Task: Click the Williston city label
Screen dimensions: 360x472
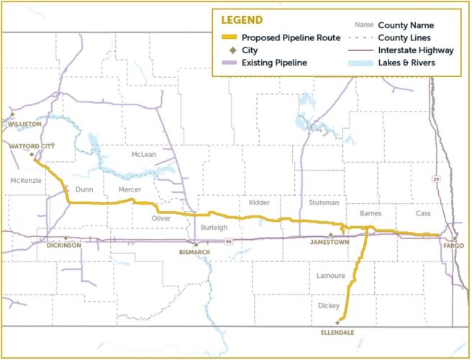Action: coord(24,124)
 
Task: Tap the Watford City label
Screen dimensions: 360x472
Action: coord(32,145)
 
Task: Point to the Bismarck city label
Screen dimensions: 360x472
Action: coord(194,253)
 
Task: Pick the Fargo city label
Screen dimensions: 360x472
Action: coord(454,246)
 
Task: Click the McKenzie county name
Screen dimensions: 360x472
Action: coord(26,180)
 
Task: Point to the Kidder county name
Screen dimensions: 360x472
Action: coord(259,203)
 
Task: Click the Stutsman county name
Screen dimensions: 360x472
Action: coord(323,203)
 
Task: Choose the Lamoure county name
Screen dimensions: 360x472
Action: coord(332,276)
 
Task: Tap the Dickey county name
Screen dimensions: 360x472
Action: coord(329,305)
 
